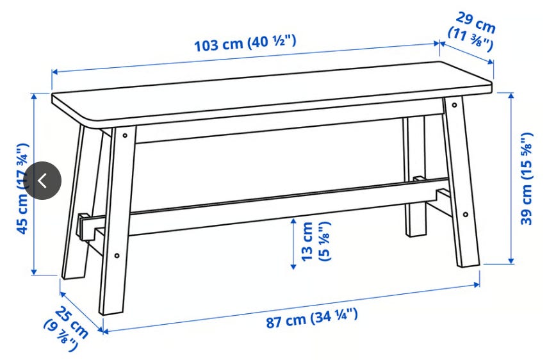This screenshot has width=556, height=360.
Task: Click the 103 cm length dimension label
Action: [x=245, y=44]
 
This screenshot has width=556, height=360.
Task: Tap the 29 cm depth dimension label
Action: [x=472, y=31]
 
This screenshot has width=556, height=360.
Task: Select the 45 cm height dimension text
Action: [x=22, y=188]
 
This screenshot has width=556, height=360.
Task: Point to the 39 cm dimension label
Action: [x=527, y=179]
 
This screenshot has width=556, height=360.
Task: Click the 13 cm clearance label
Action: [x=316, y=241]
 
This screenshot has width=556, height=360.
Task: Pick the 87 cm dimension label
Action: [x=312, y=318]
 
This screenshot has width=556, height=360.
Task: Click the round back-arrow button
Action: [x=42, y=181]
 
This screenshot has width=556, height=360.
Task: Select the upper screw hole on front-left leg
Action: [x=125, y=135]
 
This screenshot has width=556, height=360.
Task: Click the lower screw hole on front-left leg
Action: [x=117, y=256]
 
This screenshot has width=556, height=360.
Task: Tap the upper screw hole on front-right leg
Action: [x=454, y=105]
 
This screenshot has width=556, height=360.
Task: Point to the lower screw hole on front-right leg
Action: [x=466, y=214]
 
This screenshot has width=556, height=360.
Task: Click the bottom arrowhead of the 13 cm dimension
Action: [x=293, y=266]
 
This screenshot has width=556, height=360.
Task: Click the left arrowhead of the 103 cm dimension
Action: [x=55, y=72]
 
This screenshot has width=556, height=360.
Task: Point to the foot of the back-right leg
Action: [x=416, y=233]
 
